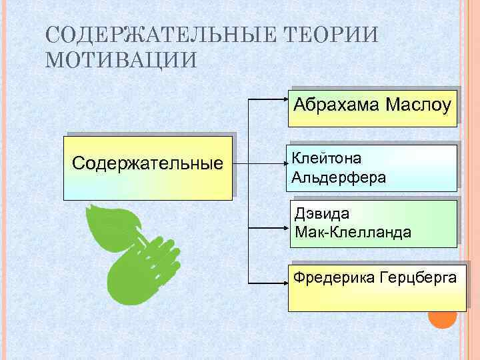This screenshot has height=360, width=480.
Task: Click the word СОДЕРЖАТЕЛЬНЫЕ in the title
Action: [x=158, y=34]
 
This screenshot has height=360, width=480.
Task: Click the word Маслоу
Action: [x=417, y=105]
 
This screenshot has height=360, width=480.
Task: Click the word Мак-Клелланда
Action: [x=353, y=233]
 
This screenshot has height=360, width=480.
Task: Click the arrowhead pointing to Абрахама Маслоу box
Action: [x=285, y=100]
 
